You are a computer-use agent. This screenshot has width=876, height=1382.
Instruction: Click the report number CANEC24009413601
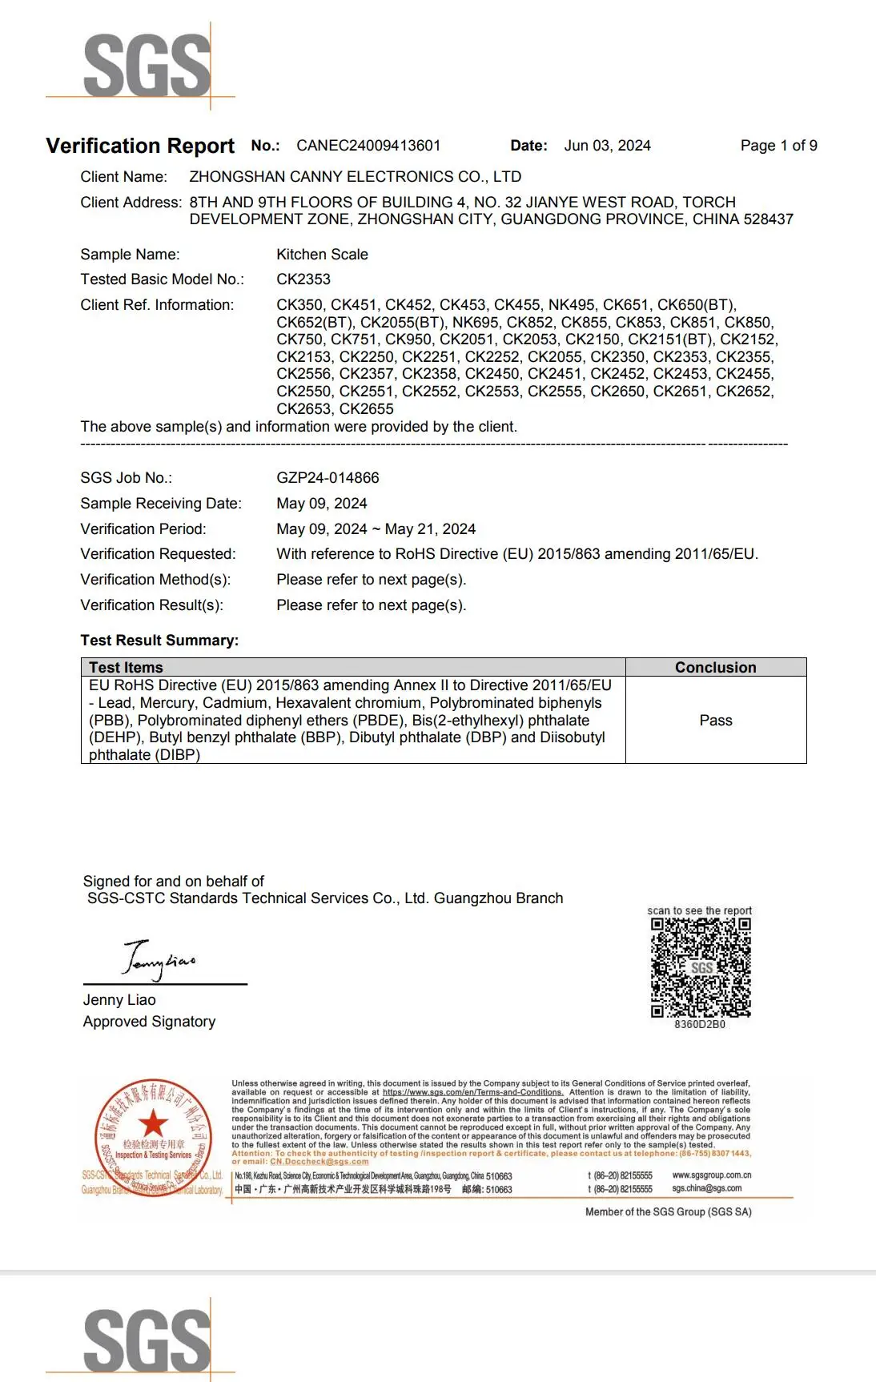click(368, 146)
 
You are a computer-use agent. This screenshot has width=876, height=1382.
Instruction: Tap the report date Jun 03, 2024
click(607, 146)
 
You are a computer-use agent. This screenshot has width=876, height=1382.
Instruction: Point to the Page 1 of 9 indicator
click(778, 146)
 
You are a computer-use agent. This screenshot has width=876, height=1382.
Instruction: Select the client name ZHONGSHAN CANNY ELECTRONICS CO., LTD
click(355, 177)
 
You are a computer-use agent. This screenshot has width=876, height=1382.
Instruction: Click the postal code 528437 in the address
click(767, 219)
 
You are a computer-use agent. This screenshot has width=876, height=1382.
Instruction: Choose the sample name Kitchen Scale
click(322, 255)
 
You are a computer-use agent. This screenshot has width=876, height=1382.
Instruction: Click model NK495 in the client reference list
click(571, 305)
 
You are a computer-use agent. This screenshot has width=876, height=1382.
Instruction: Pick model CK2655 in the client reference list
click(367, 409)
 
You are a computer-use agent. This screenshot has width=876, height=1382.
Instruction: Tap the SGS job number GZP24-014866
click(327, 478)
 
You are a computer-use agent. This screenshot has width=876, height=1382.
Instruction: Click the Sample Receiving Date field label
click(160, 504)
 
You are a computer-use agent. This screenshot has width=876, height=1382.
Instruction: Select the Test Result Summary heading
click(159, 641)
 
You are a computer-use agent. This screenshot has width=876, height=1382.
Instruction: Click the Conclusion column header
click(715, 668)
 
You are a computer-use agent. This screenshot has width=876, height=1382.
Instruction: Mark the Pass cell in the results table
click(715, 721)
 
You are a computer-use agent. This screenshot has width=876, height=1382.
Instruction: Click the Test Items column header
click(126, 668)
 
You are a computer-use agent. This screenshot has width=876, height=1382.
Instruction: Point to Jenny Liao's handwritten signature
click(159, 959)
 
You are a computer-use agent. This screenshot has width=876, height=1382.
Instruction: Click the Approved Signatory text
click(149, 1022)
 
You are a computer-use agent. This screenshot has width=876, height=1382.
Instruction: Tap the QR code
click(701, 967)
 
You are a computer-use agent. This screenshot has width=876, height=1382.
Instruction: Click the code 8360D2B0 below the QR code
click(700, 1025)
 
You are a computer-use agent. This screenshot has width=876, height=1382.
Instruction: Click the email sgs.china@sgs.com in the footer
click(706, 1189)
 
